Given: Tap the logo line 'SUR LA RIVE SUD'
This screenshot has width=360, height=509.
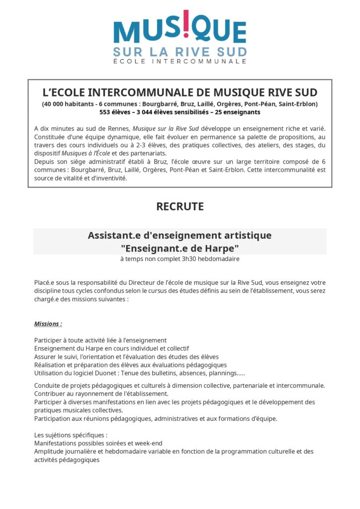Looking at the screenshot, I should point(180,51).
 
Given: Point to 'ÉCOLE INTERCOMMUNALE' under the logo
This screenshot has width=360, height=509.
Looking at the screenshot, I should point(180,61).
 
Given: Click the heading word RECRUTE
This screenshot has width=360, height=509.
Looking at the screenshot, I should point(180,206).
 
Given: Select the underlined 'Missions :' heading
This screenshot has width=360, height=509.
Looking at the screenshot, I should point(48,324).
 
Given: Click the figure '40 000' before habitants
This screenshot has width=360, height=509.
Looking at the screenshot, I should point(54,104).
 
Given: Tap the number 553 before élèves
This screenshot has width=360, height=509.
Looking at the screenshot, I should point(106,112).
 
